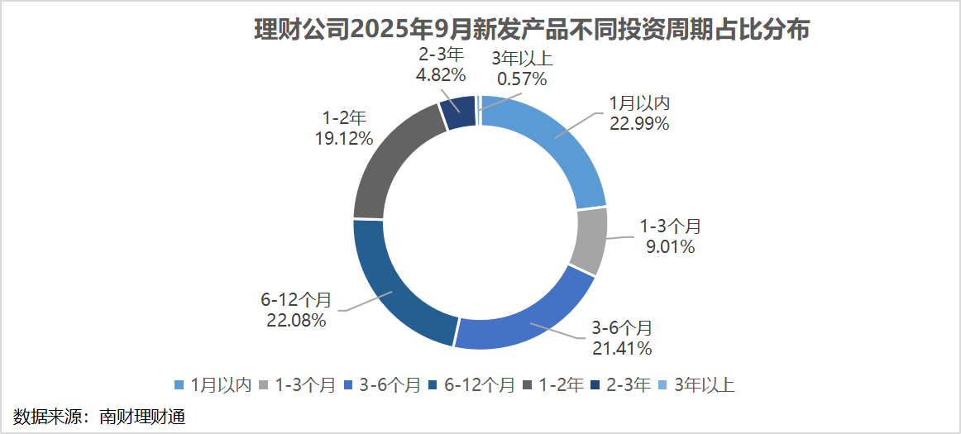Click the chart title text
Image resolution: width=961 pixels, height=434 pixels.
pyautogui.click(x=530, y=31)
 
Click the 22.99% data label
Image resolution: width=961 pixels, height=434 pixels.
pyautogui.click(x=638, y=125)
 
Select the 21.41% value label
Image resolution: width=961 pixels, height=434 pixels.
pyautogui.click(x=622, y=348)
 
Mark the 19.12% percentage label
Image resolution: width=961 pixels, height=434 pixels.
pyautogui.click(x=343, y=137)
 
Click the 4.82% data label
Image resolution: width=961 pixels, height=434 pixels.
pyautogui.click(x=441, y=75)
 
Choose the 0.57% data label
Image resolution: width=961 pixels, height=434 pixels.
pyautogui.click(x=522, y=79)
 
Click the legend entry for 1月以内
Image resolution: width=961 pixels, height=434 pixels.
pyautogui.click(x=212, y=384)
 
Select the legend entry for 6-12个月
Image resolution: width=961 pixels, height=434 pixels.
pyautogui.click(x=467, y=384)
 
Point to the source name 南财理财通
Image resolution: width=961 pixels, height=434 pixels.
pyautogui.click(x=141, y=416)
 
